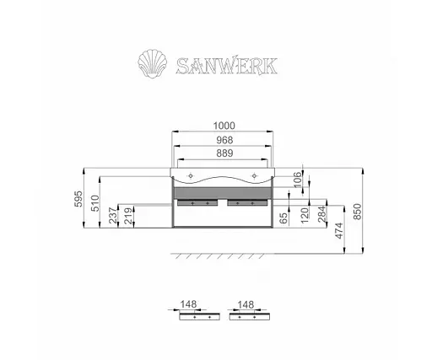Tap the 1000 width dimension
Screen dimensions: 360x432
pyautogui.click(x=224, y=123)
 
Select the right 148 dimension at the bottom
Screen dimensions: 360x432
pyautogui.click(x=247, y=306)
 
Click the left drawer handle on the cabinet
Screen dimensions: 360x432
pyautogui.click(x=200, y=203)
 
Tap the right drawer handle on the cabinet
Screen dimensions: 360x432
pyautogui.click(x=247, y=203)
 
